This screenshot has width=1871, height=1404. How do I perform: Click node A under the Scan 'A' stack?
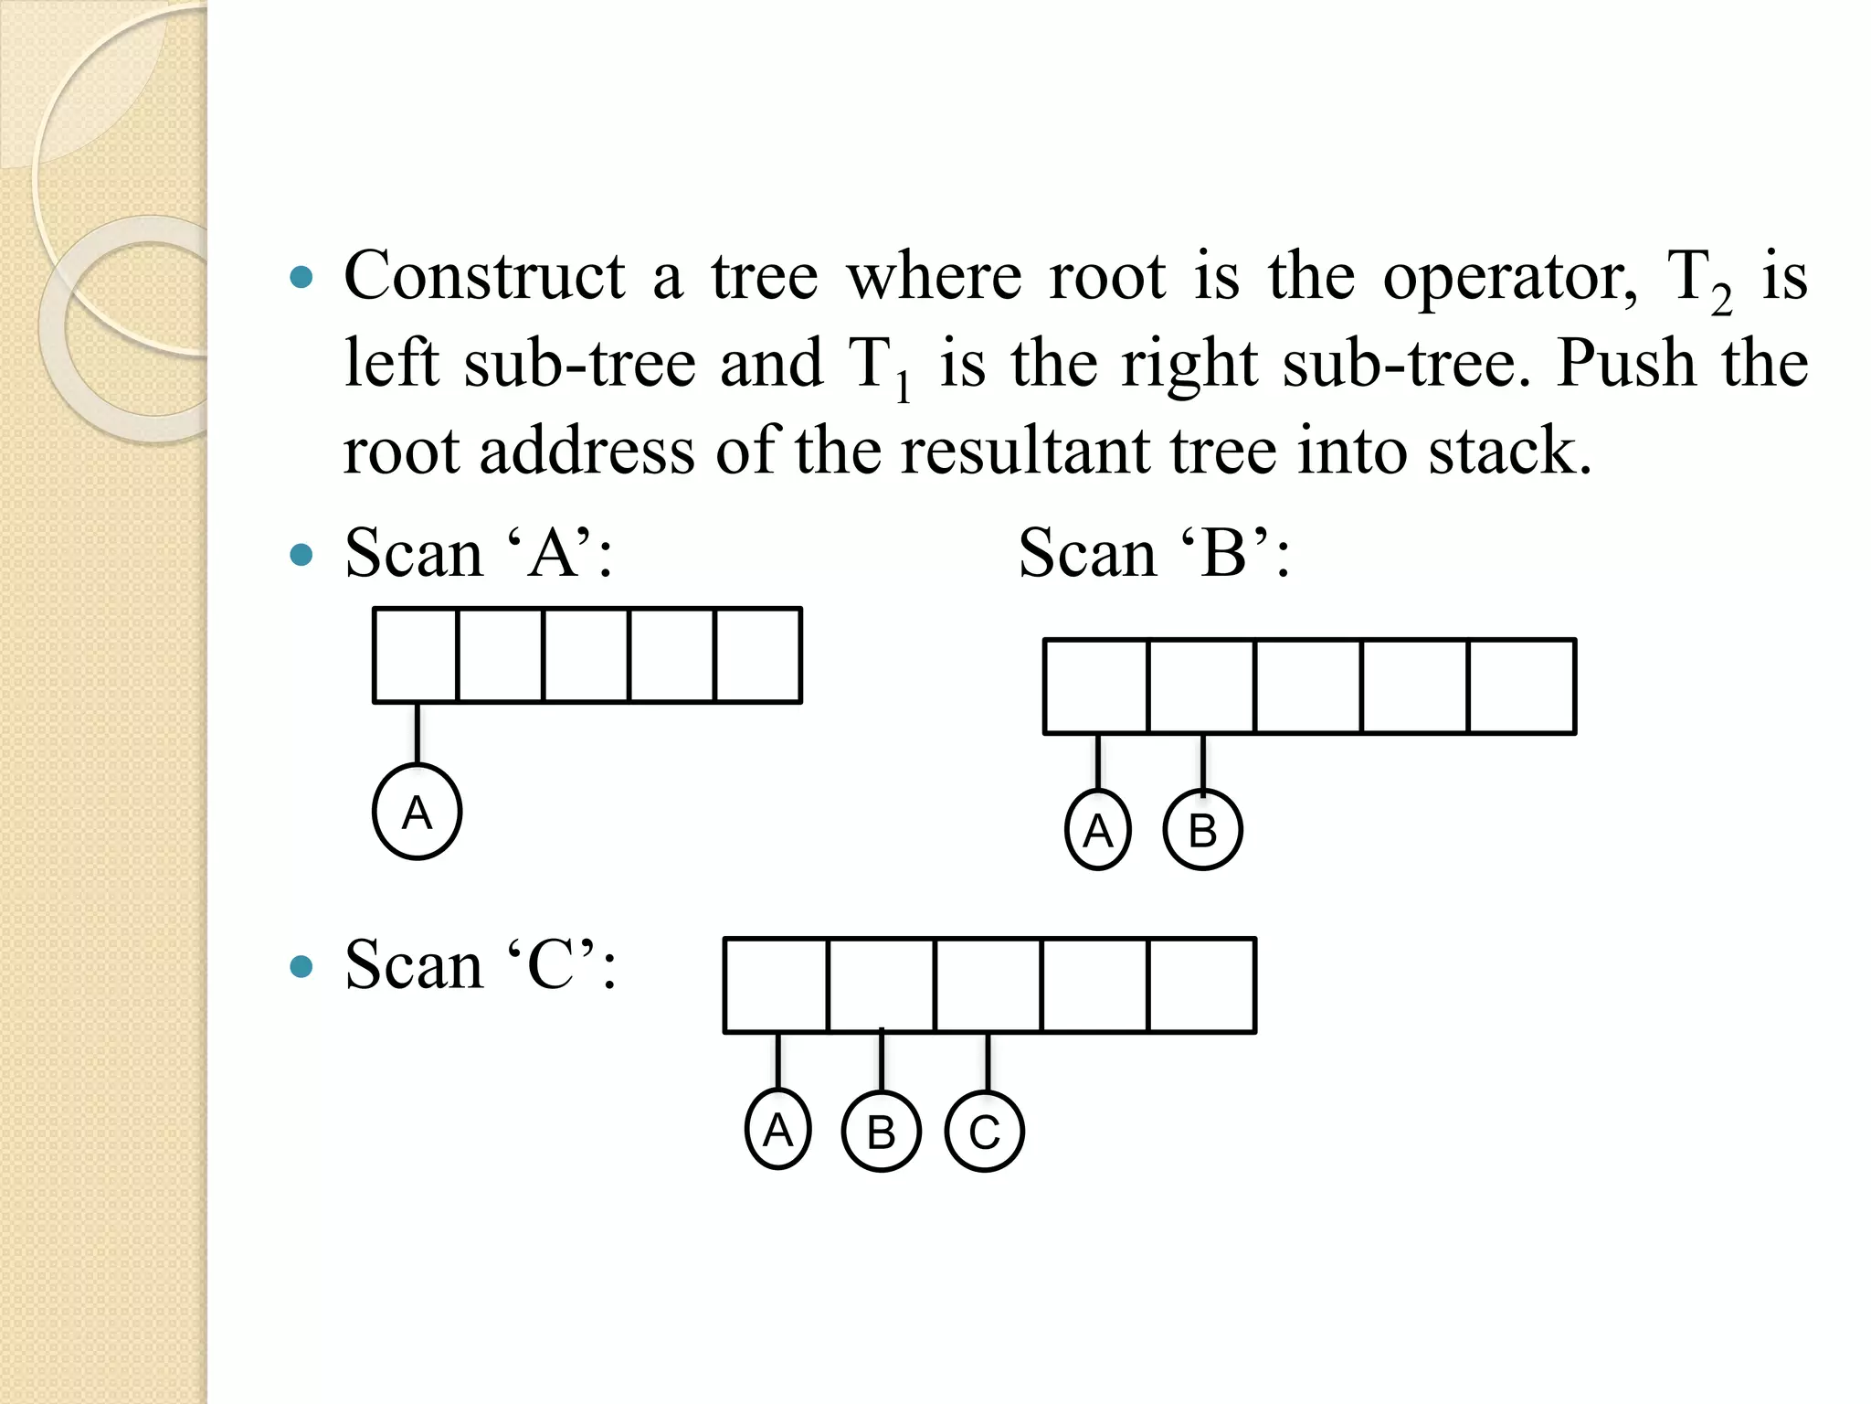coord(417,812)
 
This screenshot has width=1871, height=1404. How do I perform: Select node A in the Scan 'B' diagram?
coord(1098,830)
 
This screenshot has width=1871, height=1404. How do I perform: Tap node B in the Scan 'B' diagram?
coord(1202,830)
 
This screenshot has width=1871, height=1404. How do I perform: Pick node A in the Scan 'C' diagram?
coord(777,1129)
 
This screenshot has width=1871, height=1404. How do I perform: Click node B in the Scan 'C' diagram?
coord(881,1132)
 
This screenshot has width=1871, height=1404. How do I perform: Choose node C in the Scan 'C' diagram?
coord(985,1132)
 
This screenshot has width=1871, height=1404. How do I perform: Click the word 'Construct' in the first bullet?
coord(485,275)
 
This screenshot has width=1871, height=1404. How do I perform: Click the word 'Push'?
coord(1627,364)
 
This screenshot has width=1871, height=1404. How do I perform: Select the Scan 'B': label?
coord(1154,553)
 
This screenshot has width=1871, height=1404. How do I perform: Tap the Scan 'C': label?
coord(481,965)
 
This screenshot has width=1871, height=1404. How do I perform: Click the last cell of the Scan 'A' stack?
coord(758,655)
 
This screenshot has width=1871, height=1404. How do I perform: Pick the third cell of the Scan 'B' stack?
coord(1308,686)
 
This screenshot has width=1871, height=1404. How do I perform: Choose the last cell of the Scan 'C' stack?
coord(1202,985)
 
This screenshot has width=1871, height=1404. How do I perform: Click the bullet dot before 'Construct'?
coord(301,277)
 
